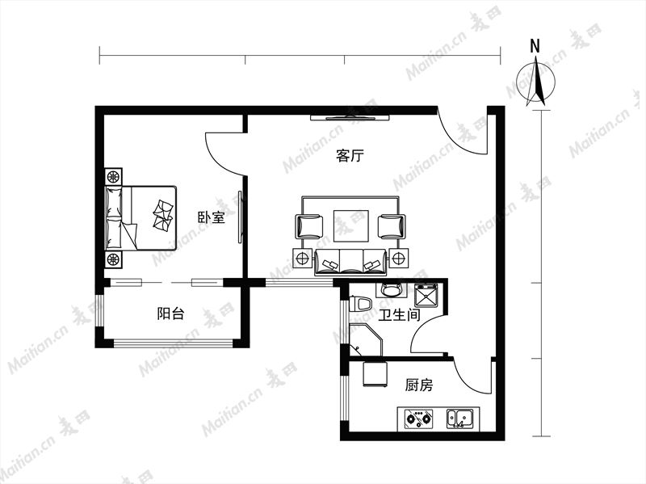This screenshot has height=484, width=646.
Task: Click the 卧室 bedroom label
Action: click(x=212, y=217)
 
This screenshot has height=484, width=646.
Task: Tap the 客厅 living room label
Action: click(x=350, y=156)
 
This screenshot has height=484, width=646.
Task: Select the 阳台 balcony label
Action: click(x=170, y=314)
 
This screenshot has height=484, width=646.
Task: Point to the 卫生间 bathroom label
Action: click(x=399, y=315)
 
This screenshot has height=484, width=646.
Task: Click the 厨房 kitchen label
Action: click(x=419, y=385)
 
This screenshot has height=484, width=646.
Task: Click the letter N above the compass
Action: click(x=535, y=47)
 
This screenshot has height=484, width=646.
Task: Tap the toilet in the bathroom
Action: click(x=360, y=305)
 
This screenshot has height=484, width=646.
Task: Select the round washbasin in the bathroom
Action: click(x=391, y=289)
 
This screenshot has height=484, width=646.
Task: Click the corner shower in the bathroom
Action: click(x=365, y=339)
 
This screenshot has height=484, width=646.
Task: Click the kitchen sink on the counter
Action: click(x=460, y=419)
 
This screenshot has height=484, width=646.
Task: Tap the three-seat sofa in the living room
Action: click(x=350, y=263)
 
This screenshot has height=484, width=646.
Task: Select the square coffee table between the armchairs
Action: click(x=350, y=226)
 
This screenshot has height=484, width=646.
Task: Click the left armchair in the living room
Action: click(x=309, y=227)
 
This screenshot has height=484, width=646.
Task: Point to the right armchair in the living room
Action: click(x=392, y=227)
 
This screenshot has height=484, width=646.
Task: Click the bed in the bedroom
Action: click(x=141, y=218)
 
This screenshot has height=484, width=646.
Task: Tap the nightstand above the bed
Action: click(x=113, y=177)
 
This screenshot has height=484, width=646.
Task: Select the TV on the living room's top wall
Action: click(x=350, y=118)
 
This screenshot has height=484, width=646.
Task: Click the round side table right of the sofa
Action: click(x=398, y=259)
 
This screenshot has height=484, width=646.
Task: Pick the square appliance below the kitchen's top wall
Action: click(x=375, y=375)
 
